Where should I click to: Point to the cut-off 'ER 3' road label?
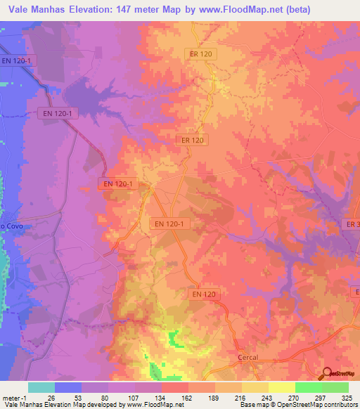tap(352, 223)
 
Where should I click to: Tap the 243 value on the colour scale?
tap(269, 397)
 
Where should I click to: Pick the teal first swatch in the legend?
tap(41, 387)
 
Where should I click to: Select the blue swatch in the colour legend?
tap(68, 387)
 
